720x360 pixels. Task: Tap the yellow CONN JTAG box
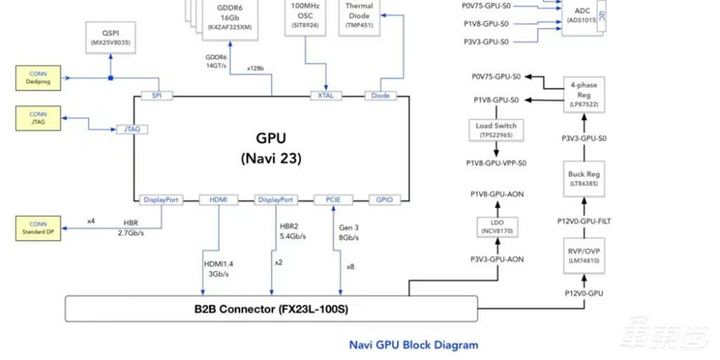tap(38, 119)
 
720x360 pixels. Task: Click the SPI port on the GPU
tap(157, 96)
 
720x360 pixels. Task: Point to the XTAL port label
tap(325, 96)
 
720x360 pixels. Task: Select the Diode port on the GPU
tap(380, 96)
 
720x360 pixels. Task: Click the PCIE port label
tap(333, 200)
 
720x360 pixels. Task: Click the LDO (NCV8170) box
tap(496, 226)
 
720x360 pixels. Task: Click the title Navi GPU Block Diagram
tap(413, 345)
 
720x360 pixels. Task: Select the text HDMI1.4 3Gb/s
tap(218, 269)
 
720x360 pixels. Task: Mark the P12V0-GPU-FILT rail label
tap(584, 221)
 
